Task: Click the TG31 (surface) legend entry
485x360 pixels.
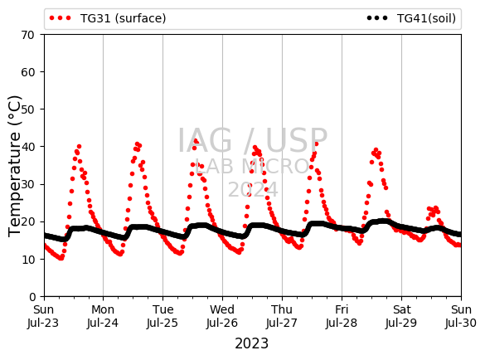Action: click(x=108, y=18)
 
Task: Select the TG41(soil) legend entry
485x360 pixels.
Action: click(x=411, y=18)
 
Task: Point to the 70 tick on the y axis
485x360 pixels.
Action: click(x=27, y=35)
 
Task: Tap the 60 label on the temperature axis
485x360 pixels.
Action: click(x=27, y=72)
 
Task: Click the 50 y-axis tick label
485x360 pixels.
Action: click(x=27, y=109)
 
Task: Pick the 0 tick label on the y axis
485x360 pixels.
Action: click(x=32, y=297)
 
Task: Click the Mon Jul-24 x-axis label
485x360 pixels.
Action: click(x=103, y=316)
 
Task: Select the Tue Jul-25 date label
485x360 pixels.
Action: click(x=162, y=316)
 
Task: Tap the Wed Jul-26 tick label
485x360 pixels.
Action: click(x=222, y=316)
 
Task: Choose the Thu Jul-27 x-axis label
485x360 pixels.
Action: click(x=282, y=316)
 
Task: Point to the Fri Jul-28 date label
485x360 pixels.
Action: click(x=342, y=316)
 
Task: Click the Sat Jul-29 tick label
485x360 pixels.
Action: click(x=401, y=316)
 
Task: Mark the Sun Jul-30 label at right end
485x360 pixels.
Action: click(x=461, y=316)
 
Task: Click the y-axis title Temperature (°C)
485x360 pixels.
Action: click(x=15, y=166)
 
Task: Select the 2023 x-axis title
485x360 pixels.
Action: click(x=252, y=343)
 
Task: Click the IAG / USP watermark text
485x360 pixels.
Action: click(x=252, y=140)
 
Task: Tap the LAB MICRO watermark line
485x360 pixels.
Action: click(x=252, y=166)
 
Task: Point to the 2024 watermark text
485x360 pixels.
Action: click(x=253, y=189)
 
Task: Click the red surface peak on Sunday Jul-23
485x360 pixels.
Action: click(x=79, y=147)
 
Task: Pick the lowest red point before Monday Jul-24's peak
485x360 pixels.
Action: click(x=120, y=254)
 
